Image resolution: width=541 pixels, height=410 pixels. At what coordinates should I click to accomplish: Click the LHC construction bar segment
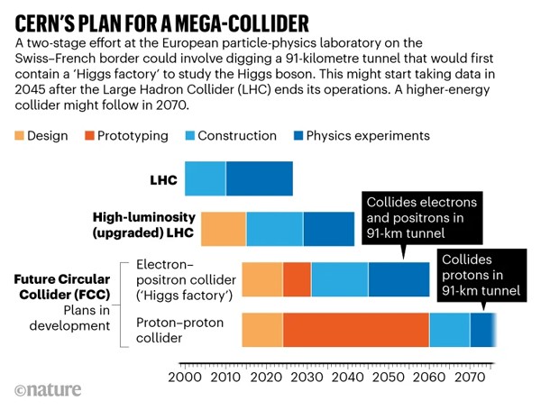tap(206, 178)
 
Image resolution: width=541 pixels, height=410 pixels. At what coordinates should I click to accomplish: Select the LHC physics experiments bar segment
tap(260, 178)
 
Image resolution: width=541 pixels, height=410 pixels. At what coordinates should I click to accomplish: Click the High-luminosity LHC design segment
tap(224, 229)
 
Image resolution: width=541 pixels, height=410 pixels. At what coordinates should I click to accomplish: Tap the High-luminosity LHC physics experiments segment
tap(328, 229)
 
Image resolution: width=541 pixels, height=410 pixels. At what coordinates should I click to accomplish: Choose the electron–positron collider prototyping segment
tap(297, 279)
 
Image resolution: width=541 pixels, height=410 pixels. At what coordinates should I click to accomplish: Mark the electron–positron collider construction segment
tap(339, 279)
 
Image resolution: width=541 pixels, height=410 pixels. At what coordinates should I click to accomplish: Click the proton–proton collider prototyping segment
tap(355, 330)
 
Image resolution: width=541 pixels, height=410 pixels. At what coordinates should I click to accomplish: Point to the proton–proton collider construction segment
tap(449, 330)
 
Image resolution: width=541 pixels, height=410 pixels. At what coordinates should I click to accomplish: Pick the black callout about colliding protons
tap(479, 274)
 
